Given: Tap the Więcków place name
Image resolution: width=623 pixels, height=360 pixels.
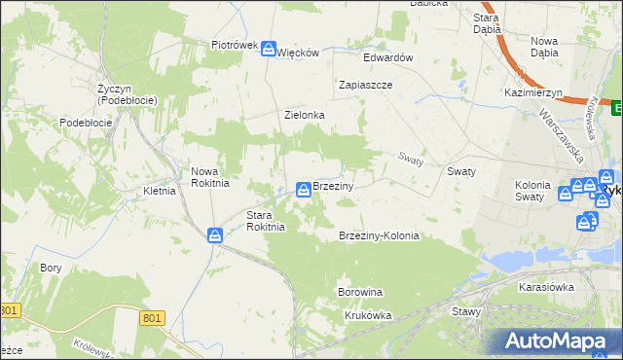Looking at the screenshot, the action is click(299, 53).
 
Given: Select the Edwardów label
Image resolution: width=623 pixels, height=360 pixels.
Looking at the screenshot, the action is click(388, 57).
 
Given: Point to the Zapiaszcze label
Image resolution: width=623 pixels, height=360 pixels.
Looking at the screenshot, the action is click(365, 85).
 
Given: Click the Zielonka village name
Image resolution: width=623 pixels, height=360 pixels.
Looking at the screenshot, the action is click(304, 115).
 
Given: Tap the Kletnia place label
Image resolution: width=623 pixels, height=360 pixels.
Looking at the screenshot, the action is click(159, 191).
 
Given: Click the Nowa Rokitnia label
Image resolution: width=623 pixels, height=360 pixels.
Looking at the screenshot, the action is click(209, 176).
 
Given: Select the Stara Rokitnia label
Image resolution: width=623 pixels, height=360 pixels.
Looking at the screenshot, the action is click(265, 221).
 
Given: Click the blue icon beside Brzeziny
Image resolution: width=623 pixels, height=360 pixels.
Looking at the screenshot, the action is click(304, 188).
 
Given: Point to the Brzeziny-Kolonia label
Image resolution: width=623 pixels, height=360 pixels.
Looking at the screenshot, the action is click(379, 236).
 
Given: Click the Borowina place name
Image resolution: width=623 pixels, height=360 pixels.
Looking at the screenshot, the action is click(359, 292).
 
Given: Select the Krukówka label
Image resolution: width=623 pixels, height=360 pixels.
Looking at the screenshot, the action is click(368, 315).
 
